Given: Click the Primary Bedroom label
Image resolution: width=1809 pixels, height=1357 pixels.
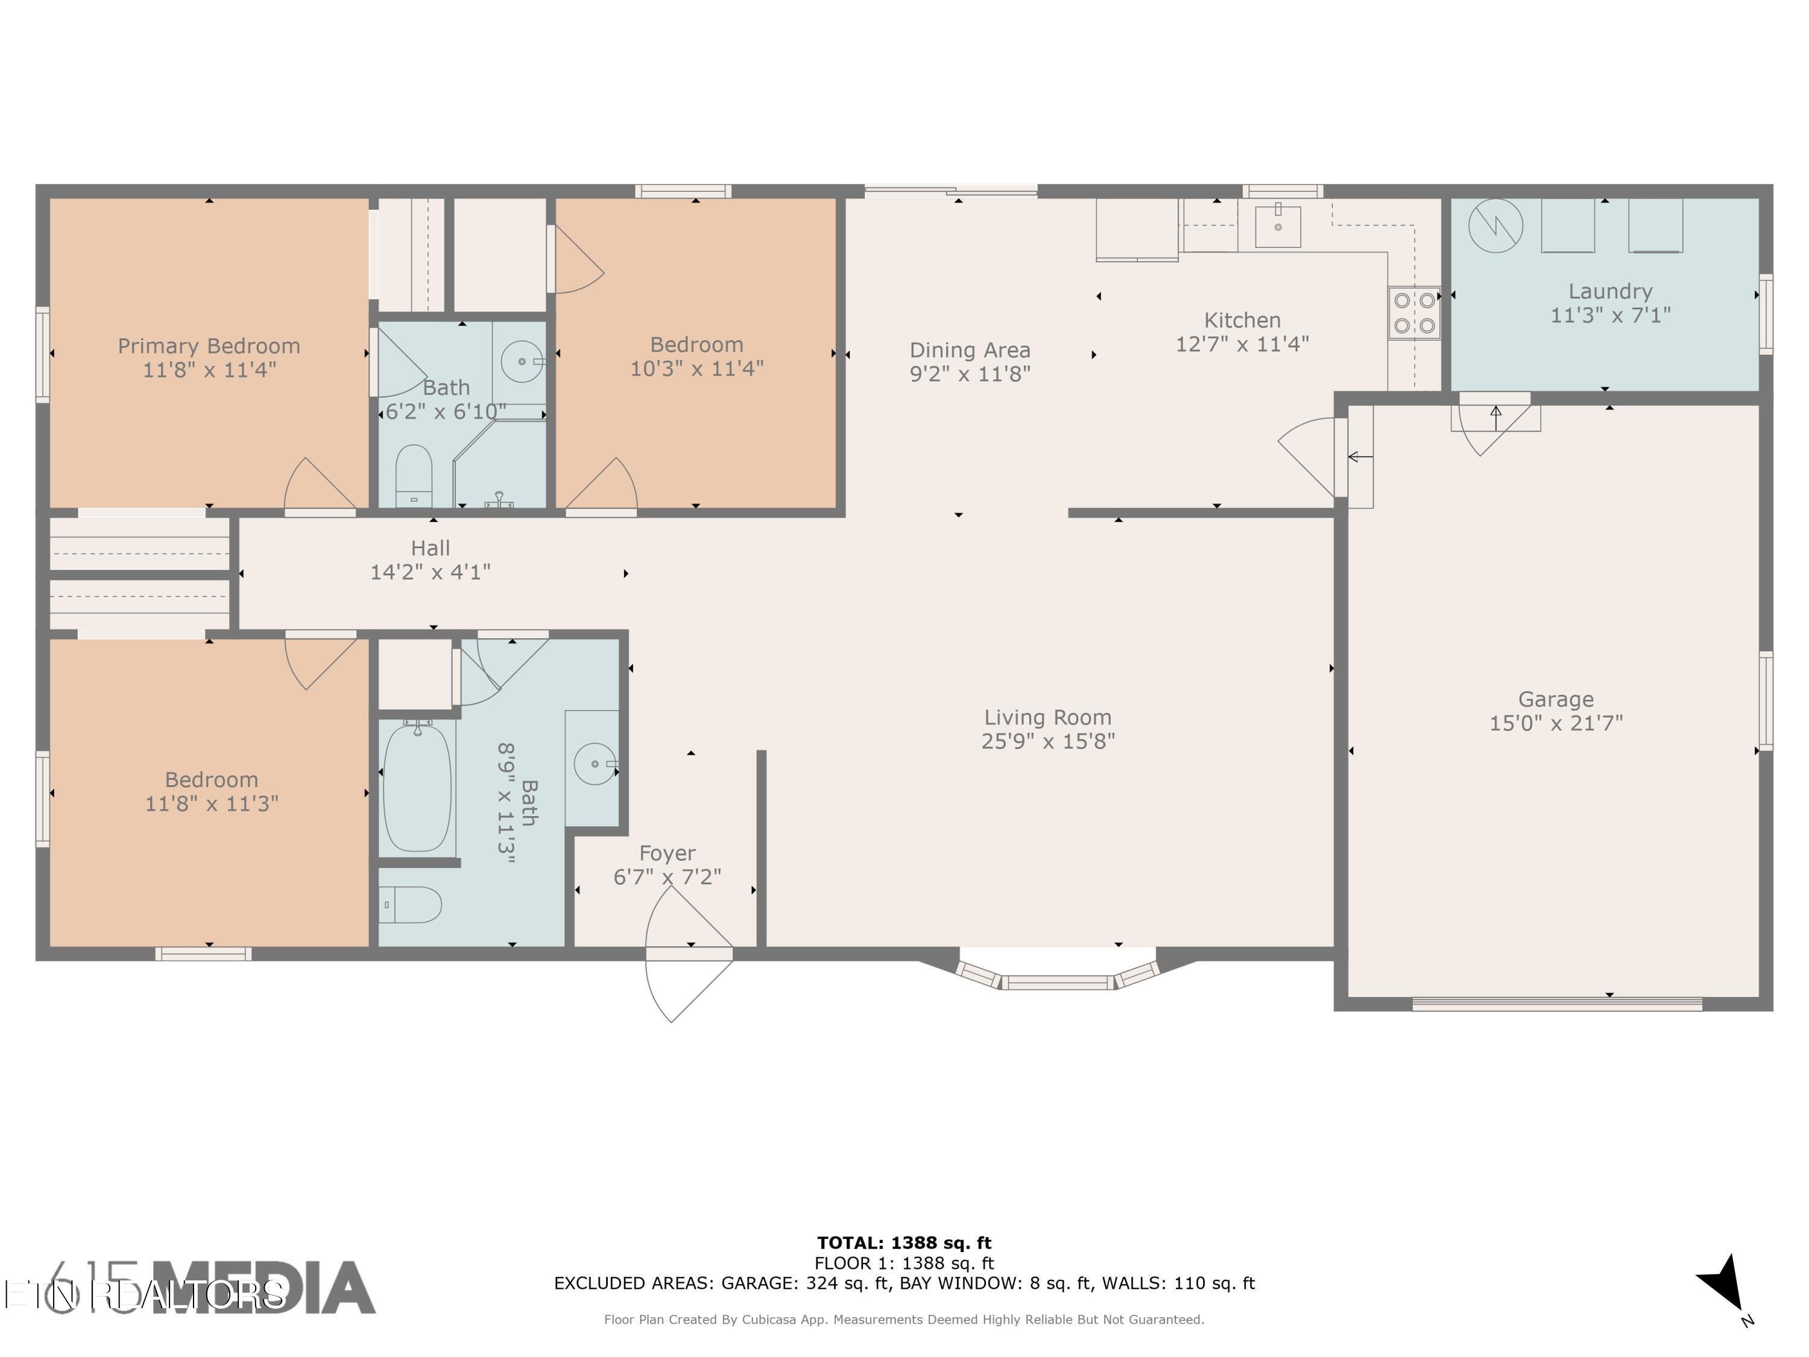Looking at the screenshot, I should click(209, 346).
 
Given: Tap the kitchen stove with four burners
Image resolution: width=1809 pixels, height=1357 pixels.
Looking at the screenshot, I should click(1414, 312).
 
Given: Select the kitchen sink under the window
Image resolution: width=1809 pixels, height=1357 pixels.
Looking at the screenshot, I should click(1277, 226).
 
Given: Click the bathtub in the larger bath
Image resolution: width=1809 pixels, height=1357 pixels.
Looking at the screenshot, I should click(417, 787).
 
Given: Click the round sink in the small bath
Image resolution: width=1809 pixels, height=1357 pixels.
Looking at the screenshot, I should click(521, 360).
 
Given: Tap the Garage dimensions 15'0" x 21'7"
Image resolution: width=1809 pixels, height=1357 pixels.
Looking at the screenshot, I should click(1556, 723).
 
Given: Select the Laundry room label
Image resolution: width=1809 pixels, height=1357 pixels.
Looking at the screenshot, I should click(1609, 291).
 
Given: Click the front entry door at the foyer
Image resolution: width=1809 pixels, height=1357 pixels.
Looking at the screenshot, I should click(689, 954).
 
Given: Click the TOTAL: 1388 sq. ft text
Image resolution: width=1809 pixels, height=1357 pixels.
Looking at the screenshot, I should click(904, 1243).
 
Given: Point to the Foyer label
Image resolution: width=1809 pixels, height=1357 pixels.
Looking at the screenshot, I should click(668, 853).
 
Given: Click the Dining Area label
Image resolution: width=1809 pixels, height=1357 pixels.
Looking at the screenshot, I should click(970, 350).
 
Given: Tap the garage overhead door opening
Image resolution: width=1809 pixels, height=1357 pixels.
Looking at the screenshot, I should click(1556, 1004).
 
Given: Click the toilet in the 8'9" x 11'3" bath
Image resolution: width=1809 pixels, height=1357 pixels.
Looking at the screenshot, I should click(411, 905).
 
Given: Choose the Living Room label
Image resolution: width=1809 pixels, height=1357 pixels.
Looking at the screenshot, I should click(1047, 717).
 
